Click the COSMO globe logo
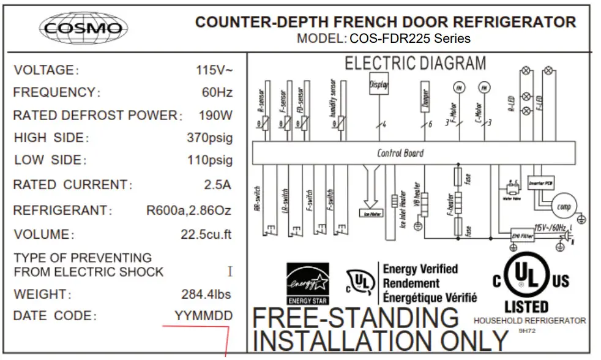pos(83,28)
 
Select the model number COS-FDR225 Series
pos(410,39)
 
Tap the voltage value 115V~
pos(214,70)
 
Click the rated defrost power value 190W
pos(215,115)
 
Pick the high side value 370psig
pos(209,138)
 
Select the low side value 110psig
pos(210,160)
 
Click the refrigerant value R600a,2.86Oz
pos(189,211)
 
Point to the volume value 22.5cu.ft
pos(206,234)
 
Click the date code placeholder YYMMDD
pos(203,317)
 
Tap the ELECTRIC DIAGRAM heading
pos(416,64)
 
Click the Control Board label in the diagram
pos(400,153)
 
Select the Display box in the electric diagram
pos(379,86)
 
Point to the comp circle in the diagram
pos(564,207)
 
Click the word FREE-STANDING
pos(356,318)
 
